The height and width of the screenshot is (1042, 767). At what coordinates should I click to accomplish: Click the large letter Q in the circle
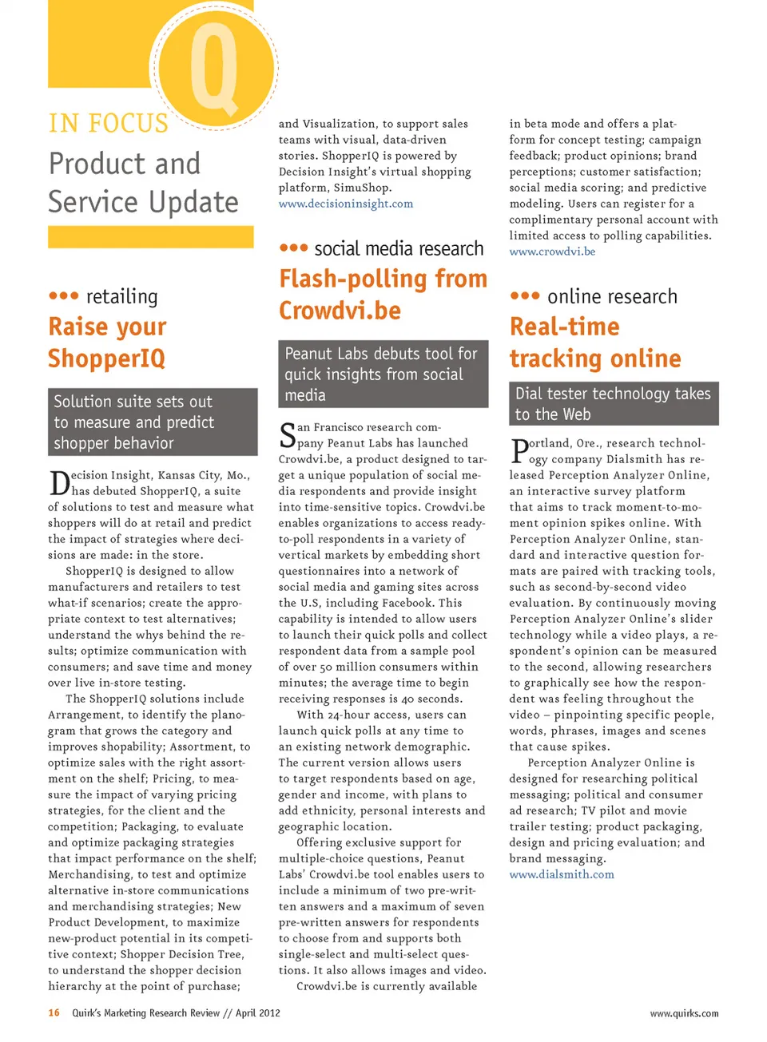click(214, 67)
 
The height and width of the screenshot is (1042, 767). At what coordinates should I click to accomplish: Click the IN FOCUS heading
click(109, 124)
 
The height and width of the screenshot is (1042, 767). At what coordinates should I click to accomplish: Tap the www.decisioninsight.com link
click(345, 204)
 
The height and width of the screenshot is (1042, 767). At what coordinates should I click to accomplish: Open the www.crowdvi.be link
click(552, 252)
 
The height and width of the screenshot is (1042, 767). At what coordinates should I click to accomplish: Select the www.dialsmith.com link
click(562, 874)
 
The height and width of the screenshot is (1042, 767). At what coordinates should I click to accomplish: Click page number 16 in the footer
click(54, 1013)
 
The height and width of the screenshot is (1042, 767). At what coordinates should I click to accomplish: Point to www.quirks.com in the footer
click(684, 1014)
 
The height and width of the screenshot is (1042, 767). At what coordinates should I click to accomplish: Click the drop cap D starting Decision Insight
click(59, 484)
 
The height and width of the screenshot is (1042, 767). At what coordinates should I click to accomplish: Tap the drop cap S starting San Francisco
click(287, 436)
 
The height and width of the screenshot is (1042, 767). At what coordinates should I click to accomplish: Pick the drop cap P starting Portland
click(519, 452)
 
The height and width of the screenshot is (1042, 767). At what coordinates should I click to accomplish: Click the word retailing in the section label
click(121, 297)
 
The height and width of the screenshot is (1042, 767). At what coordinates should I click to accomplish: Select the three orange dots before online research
click(524, 295)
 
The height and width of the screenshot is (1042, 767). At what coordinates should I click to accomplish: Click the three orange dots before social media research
click(293, 248)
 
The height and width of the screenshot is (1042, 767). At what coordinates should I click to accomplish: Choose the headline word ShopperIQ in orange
click(106, 359)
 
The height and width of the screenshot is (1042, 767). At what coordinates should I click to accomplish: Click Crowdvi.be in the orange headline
click(340, 311)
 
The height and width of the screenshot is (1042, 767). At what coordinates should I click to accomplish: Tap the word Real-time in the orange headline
click(564, 327)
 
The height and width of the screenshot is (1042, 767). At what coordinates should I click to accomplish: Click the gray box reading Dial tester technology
click(614, 403)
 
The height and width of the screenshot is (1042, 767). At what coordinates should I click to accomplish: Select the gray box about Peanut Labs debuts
click(383, 374)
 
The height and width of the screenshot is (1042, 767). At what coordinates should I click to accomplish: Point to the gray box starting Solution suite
click(152, 422)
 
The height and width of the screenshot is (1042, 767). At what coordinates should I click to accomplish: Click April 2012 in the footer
click(258, 1013)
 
